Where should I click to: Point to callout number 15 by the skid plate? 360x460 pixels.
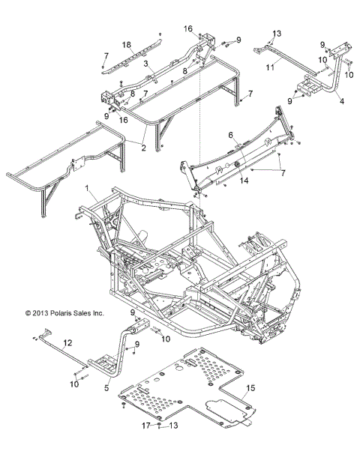[x=250, y=387]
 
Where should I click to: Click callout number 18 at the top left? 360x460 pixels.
[x=127, y=45]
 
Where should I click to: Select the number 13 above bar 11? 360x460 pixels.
[x=277, y=34]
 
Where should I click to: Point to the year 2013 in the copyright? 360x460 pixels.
[x=36, y=313]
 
